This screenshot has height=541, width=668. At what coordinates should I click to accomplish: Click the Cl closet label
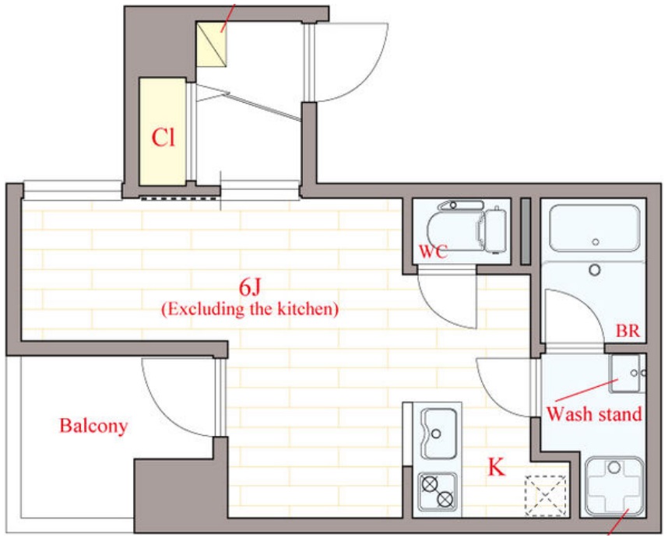click(163, 138)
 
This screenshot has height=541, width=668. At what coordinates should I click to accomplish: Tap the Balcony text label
click(93, 426)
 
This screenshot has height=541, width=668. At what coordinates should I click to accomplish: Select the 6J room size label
click(250, 287)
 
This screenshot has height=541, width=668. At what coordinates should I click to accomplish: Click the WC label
click(433, 251)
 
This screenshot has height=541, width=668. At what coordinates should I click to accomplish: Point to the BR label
click(628, 331)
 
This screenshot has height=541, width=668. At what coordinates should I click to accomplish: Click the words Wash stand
click(594, 413)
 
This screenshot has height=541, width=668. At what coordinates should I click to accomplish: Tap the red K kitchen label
click(496, 467)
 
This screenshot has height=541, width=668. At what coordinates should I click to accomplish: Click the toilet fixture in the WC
click(466, 227)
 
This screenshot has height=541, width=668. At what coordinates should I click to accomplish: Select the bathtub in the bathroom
click(595, 228)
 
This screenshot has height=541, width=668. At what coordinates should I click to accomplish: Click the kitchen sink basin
click(438, 433)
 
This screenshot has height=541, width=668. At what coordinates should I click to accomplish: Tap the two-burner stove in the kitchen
click(438, 492)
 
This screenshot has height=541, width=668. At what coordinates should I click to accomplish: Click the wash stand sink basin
click(625, 374)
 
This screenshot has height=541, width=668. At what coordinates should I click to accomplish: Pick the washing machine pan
click(614, 486)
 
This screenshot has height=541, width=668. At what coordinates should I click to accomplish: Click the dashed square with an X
click(546, 495)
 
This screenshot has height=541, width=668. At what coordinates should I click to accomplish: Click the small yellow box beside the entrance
click(211, 44)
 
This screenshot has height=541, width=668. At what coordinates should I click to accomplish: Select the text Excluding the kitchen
click(250, 308)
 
